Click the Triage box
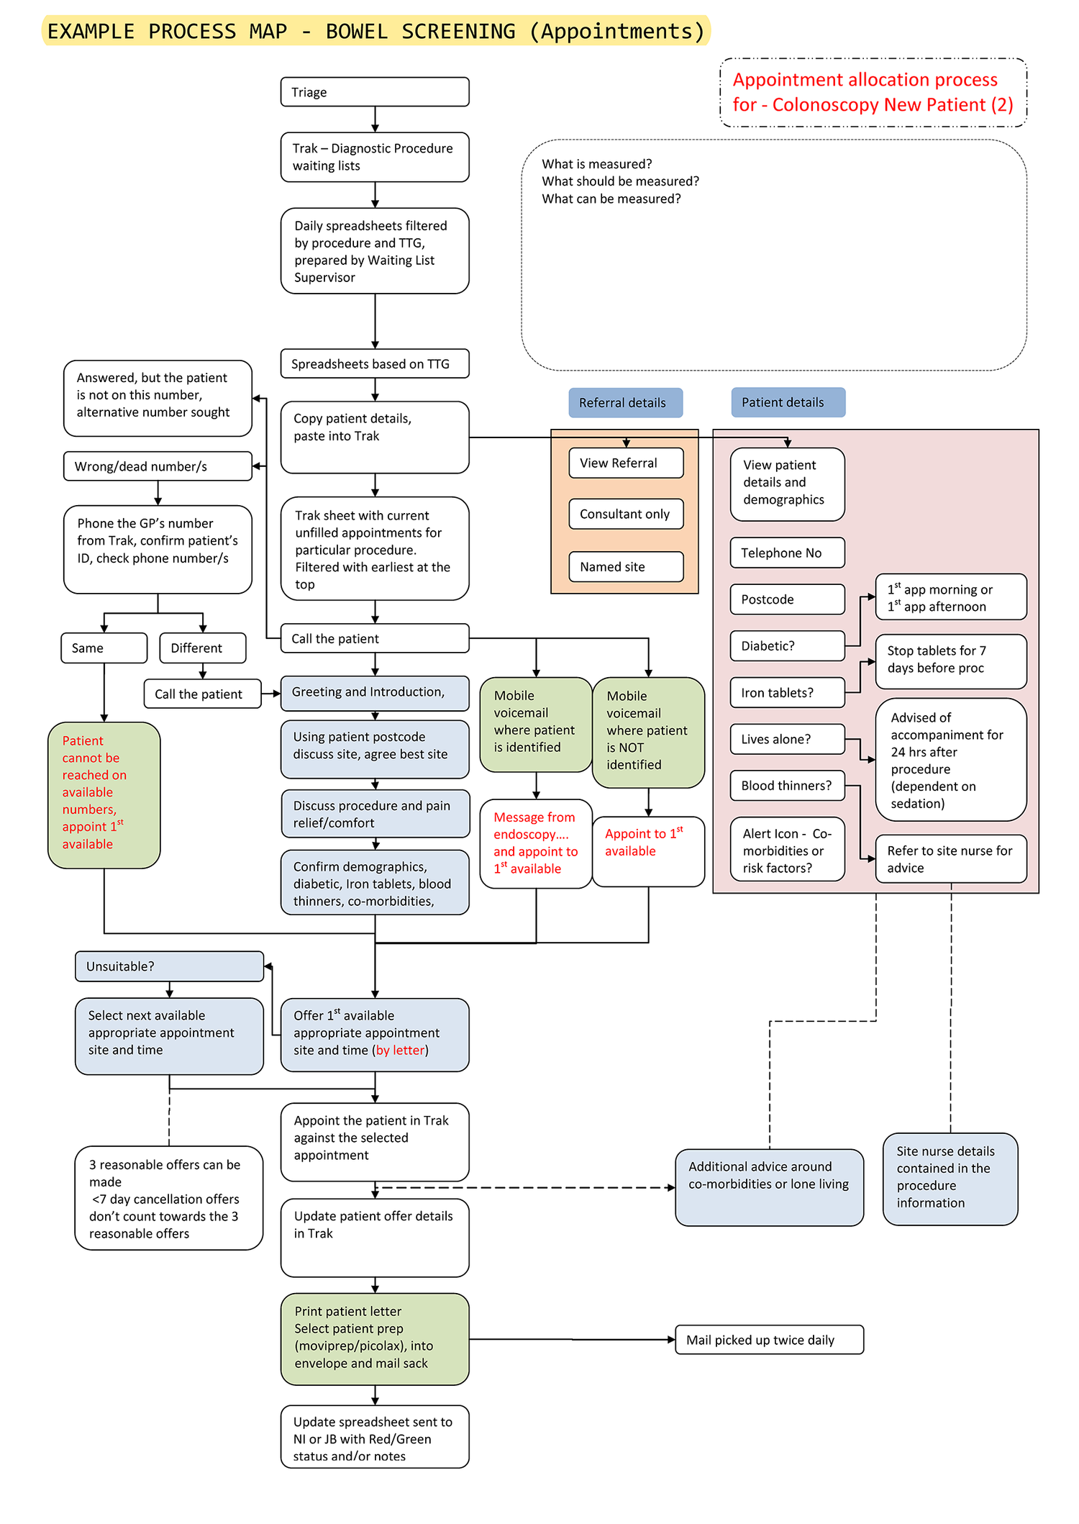pyautogui.click(x=374, y=92)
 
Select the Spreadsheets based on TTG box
pyautogui.click(x=374, y=363)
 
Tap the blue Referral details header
pyautogui.click(x=624, y=403)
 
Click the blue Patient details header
pyautogui.click(x=788, y=402)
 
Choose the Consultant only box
pyautogui.click(x=625, y=514)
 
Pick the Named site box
pyautogui.click(x=625, y=566)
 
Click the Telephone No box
pyautogui.click(x=787, y=553)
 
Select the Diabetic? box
pyautogui.click(x=787, y=645)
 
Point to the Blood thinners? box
pyautogui.click(x=787, y=785)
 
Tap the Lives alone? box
pyautogui.click(x=787, y=739)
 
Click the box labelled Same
pyautogui.click(x=104, y=648)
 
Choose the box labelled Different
pyautogui.click(x=202, y=648)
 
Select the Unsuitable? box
pyautogui.click(x=169, y=966)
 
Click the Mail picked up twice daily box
pyautogui.click(x=768, y=1340)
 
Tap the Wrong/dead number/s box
pyautogui.click(x=158, y=466)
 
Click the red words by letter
pyautogui.click(x=400, y=1051)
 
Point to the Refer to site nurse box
pyautogui.click(x=950, y=858)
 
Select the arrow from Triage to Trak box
pyautogui.click(x=375, y=119)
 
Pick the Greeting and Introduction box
pyautogui.click(x=374, y=692)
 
